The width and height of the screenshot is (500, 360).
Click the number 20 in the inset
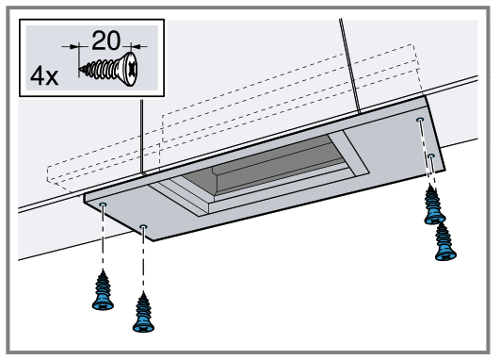pos(105,41)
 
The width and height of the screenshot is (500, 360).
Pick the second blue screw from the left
pos(143,310)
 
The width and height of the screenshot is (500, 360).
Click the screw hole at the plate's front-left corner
pos(103,204)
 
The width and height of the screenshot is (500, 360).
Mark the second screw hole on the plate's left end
pos(142,227)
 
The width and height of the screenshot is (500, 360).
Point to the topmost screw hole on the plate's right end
pos(420,122)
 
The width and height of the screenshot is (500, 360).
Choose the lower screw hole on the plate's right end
pos(429,155)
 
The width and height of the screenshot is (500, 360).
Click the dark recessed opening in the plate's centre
pos(273,170)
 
